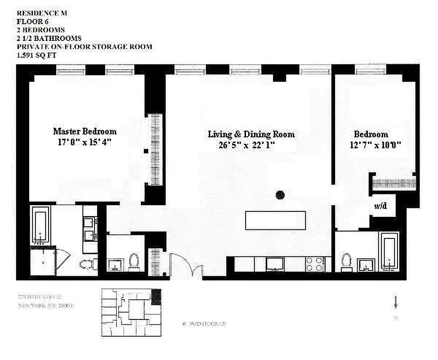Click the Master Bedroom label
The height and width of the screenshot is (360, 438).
pos(85,131)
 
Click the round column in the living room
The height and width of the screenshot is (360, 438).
pos(280,195)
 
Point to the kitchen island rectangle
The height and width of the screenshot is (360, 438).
pos(275,220)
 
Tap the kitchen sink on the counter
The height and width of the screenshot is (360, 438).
pos(274,264)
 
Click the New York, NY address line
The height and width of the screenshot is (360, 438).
pos(45,306)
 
